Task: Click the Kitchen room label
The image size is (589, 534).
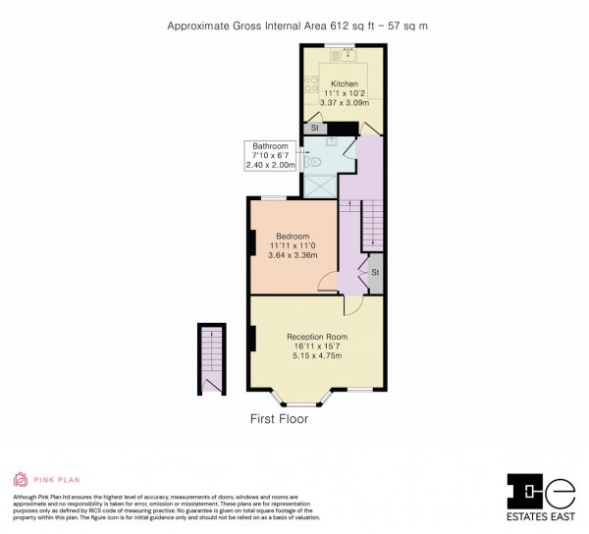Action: (345, 83)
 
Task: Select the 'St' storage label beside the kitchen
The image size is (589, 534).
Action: (314, 129)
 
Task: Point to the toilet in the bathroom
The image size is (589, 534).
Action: (315, 155)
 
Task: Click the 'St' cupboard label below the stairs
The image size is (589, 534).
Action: (375, 272)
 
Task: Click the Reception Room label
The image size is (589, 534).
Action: (316, 337)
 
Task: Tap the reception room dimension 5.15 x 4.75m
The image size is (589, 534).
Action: (316, 357)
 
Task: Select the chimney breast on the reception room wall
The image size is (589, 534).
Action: (253, 340)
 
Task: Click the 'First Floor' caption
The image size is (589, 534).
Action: (279, 419)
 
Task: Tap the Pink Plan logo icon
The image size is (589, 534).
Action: (20, 480)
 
